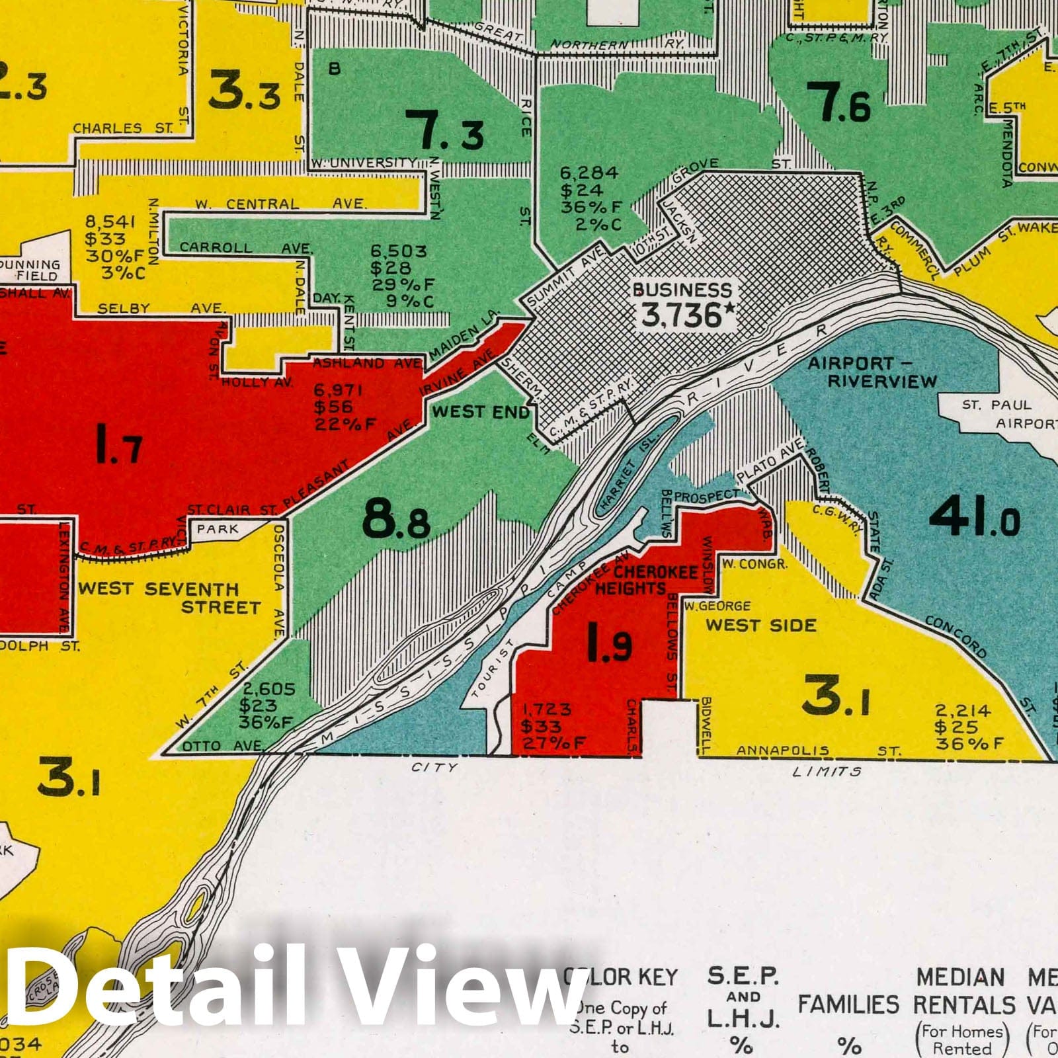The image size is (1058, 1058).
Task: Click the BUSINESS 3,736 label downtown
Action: click(x=683, y=305)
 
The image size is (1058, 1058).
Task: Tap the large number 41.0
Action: click(x=973, y=517)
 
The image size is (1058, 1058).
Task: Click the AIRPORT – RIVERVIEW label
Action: click(x=872, y=372)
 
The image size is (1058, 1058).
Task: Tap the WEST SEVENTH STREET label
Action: click(x=169, y=598)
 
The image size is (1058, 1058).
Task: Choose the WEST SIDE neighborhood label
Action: click(x=760, y=625)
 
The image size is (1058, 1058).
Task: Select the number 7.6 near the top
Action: click(x=838, y=104)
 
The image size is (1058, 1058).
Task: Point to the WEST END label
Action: click(x=481, y=412)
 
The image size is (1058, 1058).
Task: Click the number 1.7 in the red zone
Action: click(x=118, y=444)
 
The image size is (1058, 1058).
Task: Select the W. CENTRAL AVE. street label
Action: click(x=280, y=204)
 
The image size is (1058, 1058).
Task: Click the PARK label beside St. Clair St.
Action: click(x=218, y=529)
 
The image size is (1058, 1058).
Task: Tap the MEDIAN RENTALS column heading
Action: click(x=964, y=992)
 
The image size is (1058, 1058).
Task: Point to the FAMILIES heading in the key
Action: click(x=848, y=1005)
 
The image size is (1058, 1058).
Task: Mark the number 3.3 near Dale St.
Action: click(x=244, y=92)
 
